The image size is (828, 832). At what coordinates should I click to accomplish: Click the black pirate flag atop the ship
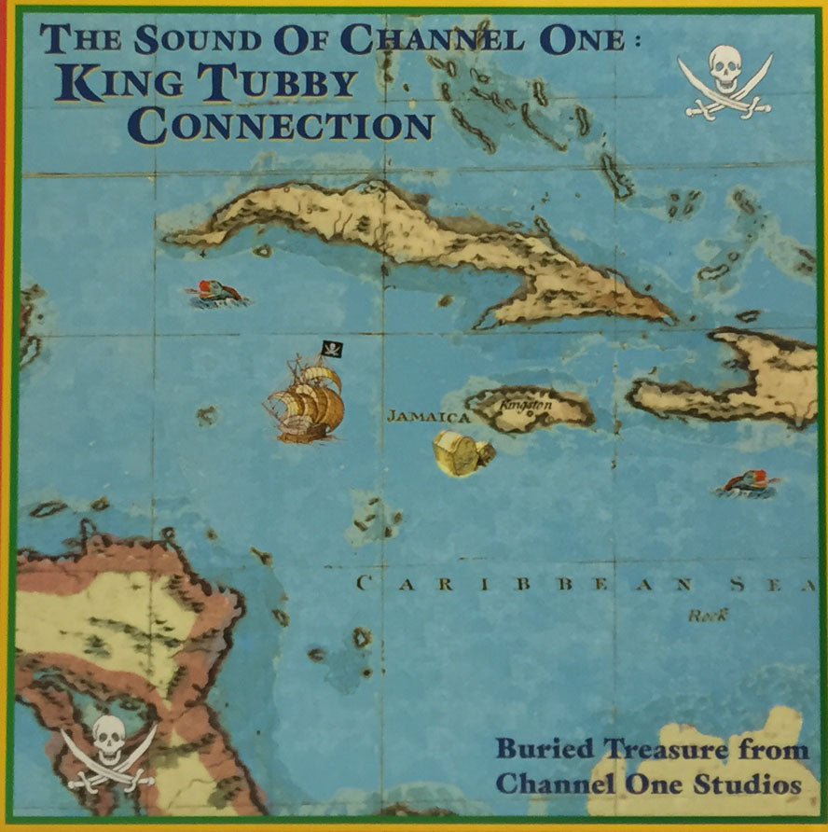coord(332,350)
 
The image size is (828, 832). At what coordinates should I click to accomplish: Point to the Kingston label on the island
coord(527,407)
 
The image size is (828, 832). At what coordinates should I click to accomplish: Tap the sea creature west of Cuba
coord(216,293)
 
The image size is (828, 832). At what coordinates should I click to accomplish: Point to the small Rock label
coord(707,615)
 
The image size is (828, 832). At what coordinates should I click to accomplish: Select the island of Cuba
coord(420,243)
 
